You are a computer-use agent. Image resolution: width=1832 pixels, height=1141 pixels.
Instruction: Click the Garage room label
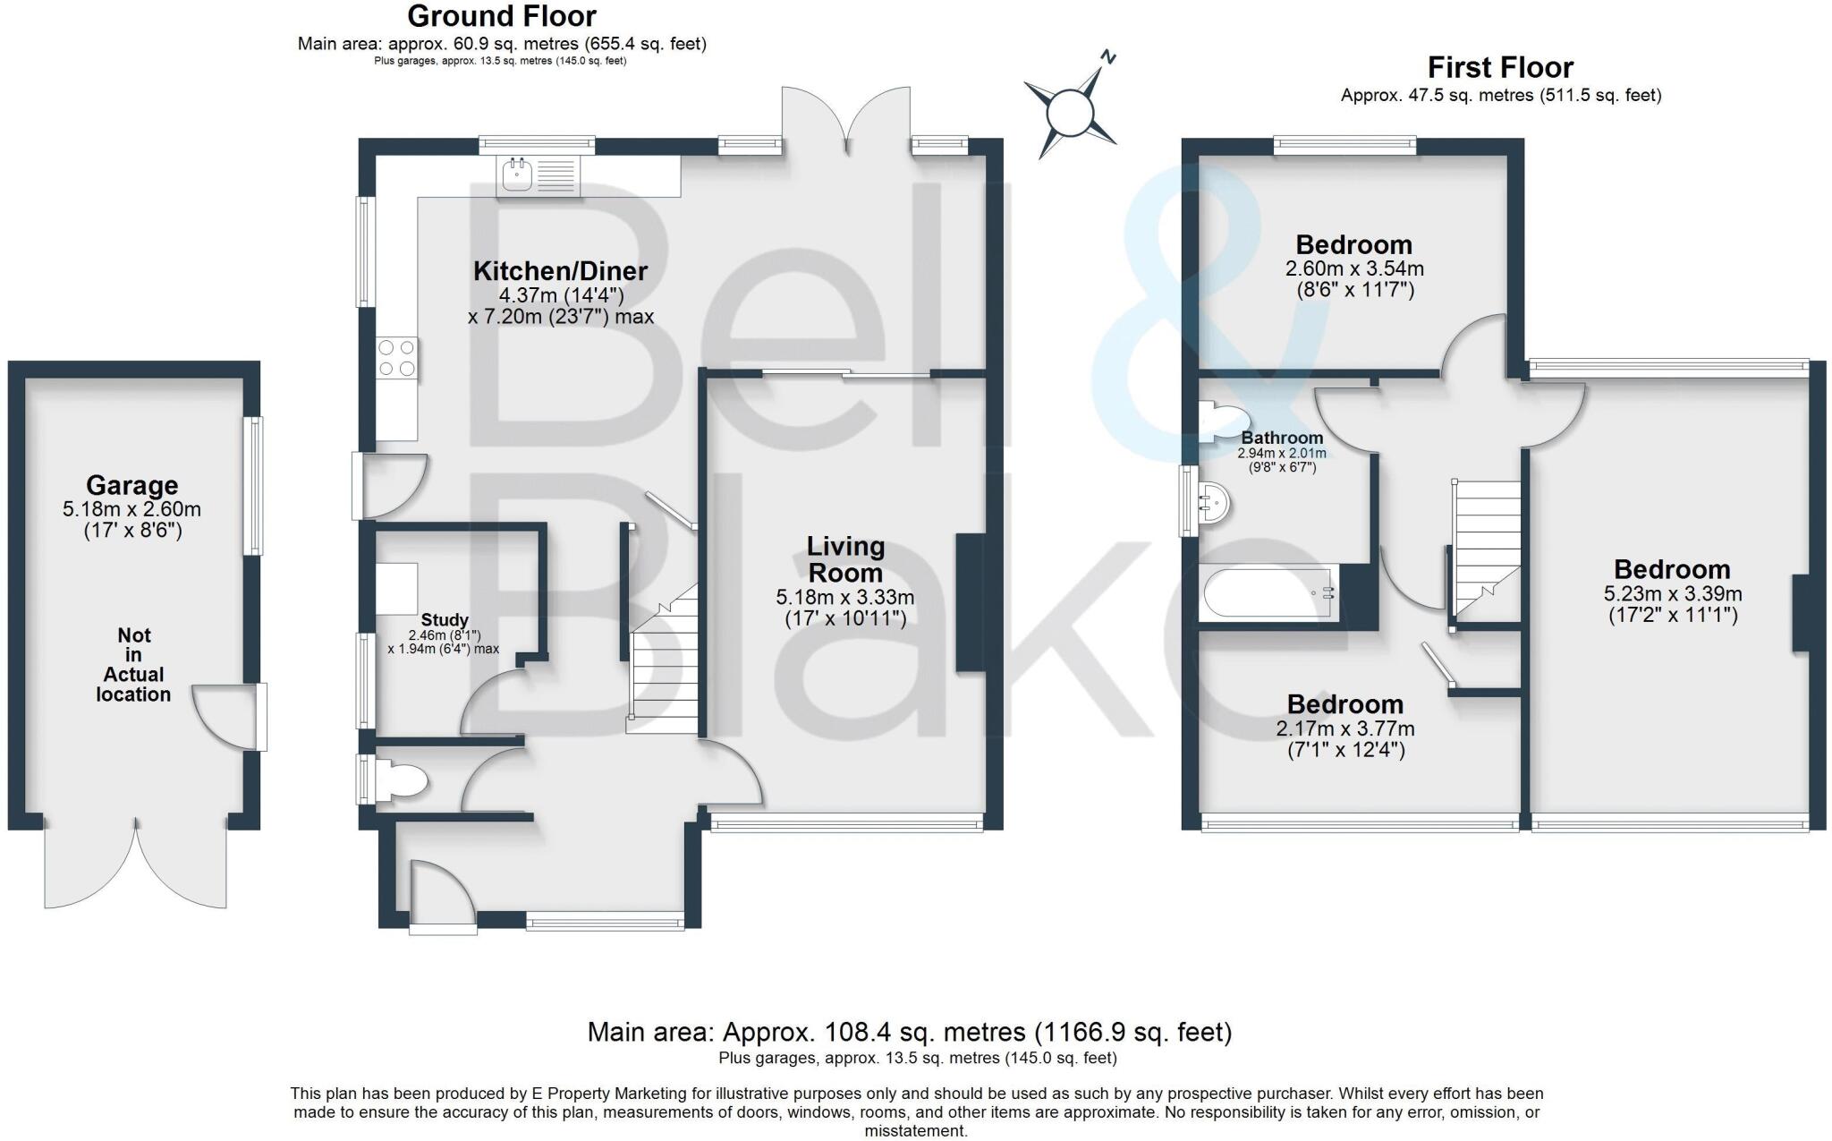(131, 486)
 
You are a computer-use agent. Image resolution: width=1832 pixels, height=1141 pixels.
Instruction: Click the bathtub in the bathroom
(1268, 592)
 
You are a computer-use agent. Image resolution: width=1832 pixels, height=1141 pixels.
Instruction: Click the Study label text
(445, 620)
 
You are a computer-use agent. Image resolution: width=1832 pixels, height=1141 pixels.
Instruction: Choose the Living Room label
(845, 559)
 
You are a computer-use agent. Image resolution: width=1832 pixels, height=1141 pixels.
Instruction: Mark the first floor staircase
(1486, 546)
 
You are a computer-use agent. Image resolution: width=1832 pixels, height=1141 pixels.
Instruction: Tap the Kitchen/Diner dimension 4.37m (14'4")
(561, 295)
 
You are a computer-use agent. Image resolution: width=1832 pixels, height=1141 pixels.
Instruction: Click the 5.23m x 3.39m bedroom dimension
(1672, 593)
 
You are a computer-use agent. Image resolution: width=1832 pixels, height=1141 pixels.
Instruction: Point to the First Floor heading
(1500, 68)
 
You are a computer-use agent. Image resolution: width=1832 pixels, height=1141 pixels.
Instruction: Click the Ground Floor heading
(501, 16)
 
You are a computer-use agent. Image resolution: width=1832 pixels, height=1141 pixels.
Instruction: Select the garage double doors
(135, 864)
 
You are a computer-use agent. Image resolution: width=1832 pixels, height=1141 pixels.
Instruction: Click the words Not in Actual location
(133, 665)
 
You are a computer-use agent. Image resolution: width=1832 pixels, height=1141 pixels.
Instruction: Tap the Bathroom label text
(1282, 439)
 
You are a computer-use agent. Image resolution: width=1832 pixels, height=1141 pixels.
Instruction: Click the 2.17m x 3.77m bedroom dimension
(1345, 729)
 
